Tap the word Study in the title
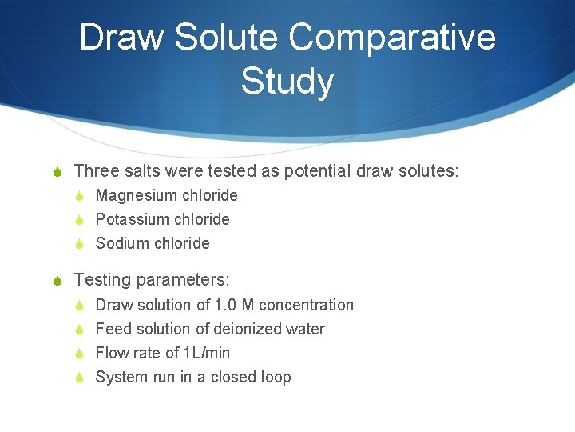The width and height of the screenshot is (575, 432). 287,82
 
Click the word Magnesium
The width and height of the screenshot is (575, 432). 136,195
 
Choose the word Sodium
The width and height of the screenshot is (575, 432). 121,243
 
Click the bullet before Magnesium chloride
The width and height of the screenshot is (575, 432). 80,196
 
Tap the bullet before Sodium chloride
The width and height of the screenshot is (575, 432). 80,244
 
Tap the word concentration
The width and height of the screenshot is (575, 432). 306,305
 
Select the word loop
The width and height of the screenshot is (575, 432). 274,377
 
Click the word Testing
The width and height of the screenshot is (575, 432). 103,280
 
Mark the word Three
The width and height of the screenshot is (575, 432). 97,170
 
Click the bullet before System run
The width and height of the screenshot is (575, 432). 80,378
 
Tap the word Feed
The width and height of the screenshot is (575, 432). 113,329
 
